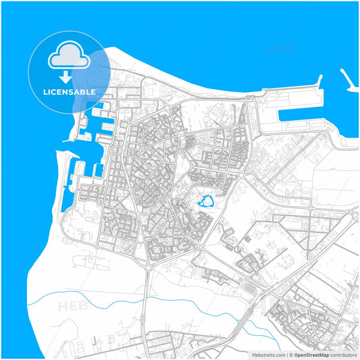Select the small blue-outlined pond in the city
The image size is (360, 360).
(x=207, y=201)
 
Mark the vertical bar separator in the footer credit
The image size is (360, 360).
(x=286, y=354)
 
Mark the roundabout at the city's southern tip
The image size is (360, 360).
(x=148, y=265)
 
